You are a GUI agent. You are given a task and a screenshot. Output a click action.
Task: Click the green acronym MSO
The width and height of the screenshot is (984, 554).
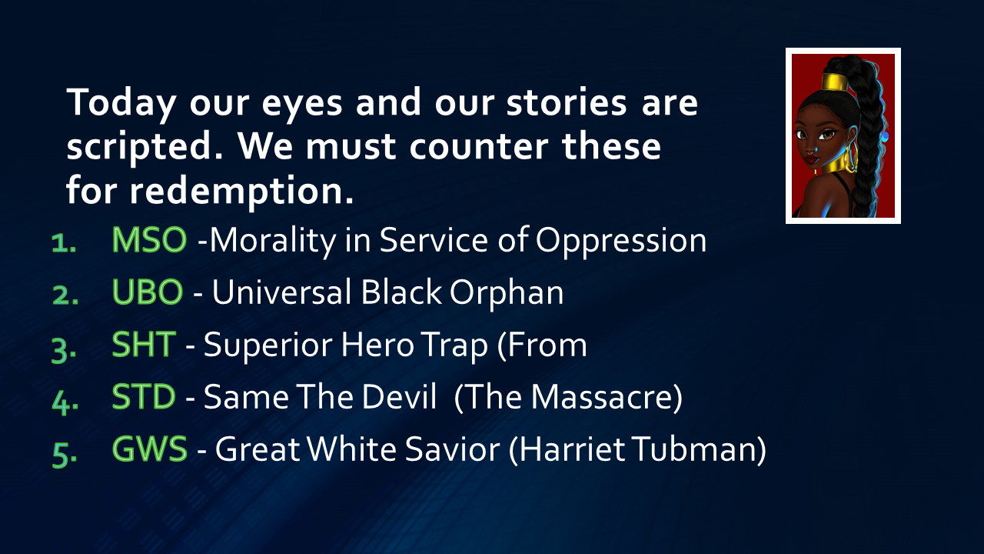149,240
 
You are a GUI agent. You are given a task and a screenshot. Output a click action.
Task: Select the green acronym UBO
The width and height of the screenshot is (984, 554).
147,292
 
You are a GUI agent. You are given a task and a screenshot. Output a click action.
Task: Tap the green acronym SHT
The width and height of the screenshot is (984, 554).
144,344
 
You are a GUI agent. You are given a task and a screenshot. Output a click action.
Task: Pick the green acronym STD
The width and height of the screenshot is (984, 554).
144,396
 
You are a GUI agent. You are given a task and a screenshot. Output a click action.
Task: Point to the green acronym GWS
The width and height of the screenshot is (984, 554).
150,449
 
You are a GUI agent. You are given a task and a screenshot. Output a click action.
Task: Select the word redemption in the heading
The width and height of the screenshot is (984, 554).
241,192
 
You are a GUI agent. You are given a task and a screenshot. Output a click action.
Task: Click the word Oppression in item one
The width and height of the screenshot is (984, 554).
621,242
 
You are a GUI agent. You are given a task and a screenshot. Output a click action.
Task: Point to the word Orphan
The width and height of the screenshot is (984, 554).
507,293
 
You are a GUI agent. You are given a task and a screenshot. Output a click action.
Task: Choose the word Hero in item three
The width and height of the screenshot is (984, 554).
377,345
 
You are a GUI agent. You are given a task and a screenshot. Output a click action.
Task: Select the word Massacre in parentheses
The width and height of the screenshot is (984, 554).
600,397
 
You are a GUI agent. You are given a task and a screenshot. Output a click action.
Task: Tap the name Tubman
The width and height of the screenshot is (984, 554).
696,449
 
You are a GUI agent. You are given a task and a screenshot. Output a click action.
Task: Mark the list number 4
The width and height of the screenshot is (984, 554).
65,402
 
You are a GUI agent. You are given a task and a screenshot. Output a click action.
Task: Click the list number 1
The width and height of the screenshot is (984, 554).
64,243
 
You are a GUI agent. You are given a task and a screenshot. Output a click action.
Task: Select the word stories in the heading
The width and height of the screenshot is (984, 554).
567,102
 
